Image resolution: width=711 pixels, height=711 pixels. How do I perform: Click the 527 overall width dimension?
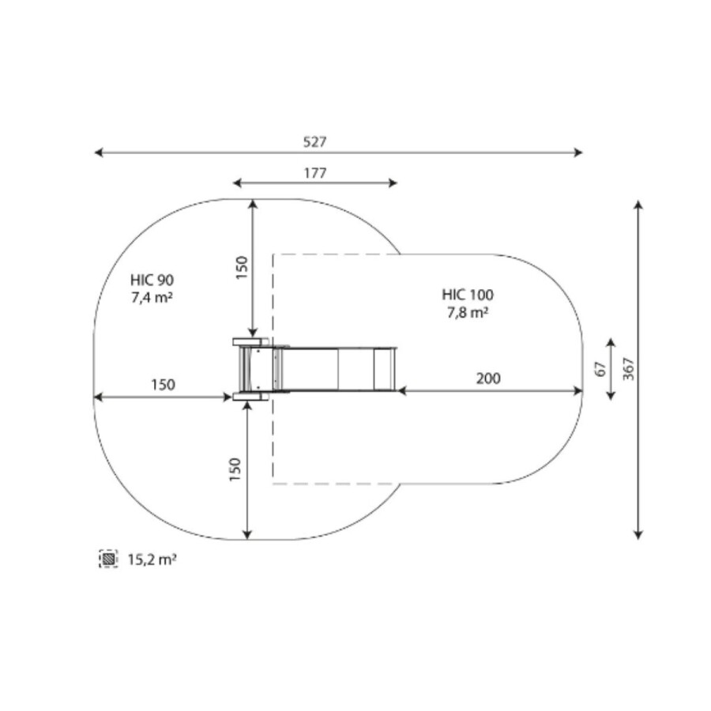[x=314, y=142]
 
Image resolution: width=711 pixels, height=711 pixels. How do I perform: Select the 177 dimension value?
[x=315, y=173]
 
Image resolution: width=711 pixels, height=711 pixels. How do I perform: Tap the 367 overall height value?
[x=628, y=369]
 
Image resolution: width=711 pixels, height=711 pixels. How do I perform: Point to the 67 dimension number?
[x=600, y=369]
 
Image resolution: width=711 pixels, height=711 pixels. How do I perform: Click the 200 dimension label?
[x=488, y=378]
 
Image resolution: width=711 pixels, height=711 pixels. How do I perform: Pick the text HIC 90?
[x=152, y=280]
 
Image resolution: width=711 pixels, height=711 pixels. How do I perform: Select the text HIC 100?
[x=468, y=295]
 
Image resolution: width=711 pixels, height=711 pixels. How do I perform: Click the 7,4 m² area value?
[x=152, y=298]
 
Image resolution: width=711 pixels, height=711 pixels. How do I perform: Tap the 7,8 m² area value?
[x=468, y=312]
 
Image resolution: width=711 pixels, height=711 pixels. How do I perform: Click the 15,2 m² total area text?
[x=152, y=559]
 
